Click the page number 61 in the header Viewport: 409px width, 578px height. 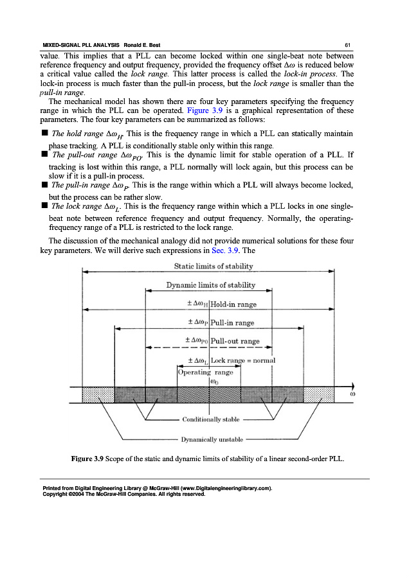pyautogui.click(x=347, y=44)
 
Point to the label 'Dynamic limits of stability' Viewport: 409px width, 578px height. pyautogui.click(x=210, y=285)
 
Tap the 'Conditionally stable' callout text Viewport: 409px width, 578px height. pyautogui.click(x=211, y=419)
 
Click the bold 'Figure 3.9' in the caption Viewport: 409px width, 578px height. pyautogui.click(x=87, y=459)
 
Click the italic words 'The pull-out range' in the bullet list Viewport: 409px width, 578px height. pyautogui.click(x=80, y=155)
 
